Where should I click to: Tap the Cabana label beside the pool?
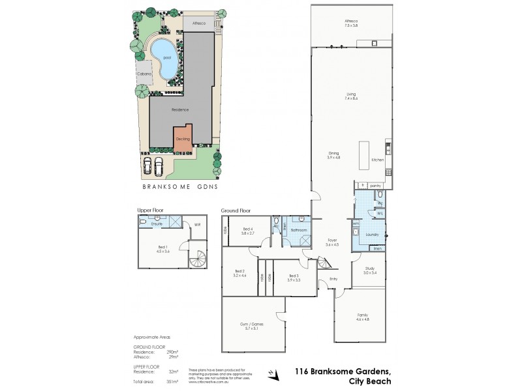(144, 74)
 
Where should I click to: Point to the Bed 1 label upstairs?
(162, 248)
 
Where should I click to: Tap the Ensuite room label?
(157, 224)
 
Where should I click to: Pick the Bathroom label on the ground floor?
(299, 229)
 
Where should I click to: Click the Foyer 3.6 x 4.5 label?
(332, 242)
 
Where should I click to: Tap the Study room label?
(370, 271)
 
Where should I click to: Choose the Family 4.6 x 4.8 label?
(363, 317)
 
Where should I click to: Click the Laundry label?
(373, 234)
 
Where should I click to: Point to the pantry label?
(375, 186)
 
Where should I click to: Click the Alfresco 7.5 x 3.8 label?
(353, 23)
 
